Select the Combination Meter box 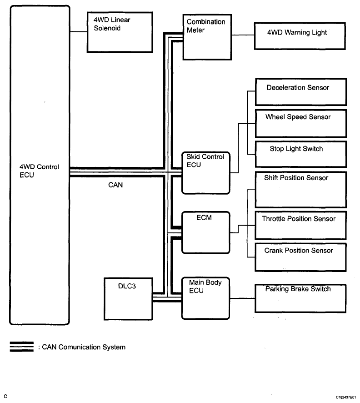pyautogui.click(x=204, y=37)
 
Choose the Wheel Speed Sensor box pyautogui.click(x=300, y=123)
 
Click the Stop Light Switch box pyautogui.click(x=300, y=154)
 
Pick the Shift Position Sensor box pyautogui.click(x=300, y=189)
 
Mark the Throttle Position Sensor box pyautogui.click(x=300, y=225)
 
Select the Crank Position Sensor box pyautogui.click(x=300, y=257)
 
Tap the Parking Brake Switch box pyautogui.click(x=300, y=298)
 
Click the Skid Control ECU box pyautogui.click(x=205, y=173)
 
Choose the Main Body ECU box pyautogui.click(x=205, y=298)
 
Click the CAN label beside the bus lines pyautogui.click(x=115, y=186)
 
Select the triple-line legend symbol pyautogui.click(x=21, y=347)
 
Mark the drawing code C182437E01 pyautogui.click(x=347, y=397)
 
